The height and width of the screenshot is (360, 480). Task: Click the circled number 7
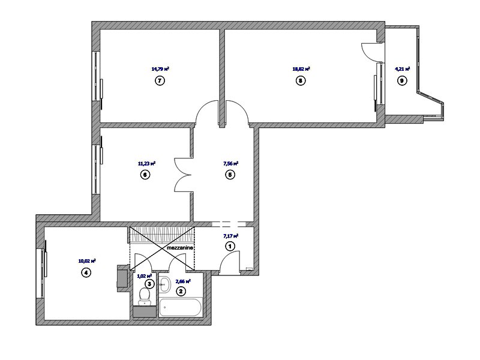tap(160, 81)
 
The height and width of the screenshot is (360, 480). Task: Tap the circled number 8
tap(301, 81)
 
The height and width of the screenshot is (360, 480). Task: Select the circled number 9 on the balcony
tap(402, 81)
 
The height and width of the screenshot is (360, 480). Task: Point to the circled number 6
tap(145, 175)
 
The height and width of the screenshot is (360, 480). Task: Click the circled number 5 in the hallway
tap(230, 175)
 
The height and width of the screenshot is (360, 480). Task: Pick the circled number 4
tap(86, 272)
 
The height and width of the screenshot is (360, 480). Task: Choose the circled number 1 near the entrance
tap(230, 246)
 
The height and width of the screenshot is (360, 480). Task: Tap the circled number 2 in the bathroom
tap(181, 292)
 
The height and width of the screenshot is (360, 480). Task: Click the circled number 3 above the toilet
tap(149, 284)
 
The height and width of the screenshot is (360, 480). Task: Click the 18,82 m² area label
tap(301, 69)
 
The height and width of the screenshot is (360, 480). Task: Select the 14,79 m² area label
tap(160, 69)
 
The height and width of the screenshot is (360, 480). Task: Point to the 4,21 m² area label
tap(403, 69)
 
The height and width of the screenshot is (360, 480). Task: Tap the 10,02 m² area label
tap(87, 261)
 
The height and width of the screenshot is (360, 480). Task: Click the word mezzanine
tap(180, 248)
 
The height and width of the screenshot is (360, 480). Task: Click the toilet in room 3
tap(144, 296)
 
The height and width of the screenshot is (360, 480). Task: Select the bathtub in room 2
tap(181, 307)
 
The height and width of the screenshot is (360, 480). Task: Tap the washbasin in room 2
tap(164, 284)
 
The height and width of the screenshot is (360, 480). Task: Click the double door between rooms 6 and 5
tap(184, 175)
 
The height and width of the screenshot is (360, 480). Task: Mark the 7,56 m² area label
tap(231, 164)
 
